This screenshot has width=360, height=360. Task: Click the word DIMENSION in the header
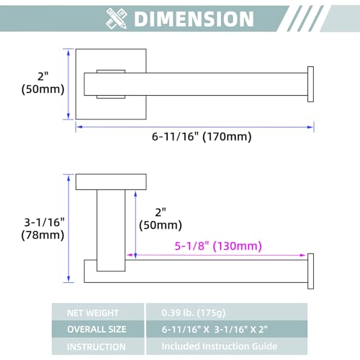coord(194,19)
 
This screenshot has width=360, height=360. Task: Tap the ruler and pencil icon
coord(117,19)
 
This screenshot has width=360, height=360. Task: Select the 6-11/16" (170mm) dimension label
coord(202,137)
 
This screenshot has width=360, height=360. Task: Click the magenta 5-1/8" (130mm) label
coord(218,246)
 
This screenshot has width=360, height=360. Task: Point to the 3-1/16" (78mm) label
coord(43,228)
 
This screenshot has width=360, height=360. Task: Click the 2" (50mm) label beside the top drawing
coord(43,83)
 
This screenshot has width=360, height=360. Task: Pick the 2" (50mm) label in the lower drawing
coord(161,219)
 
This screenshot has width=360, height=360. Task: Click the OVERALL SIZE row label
coord(96,329)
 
